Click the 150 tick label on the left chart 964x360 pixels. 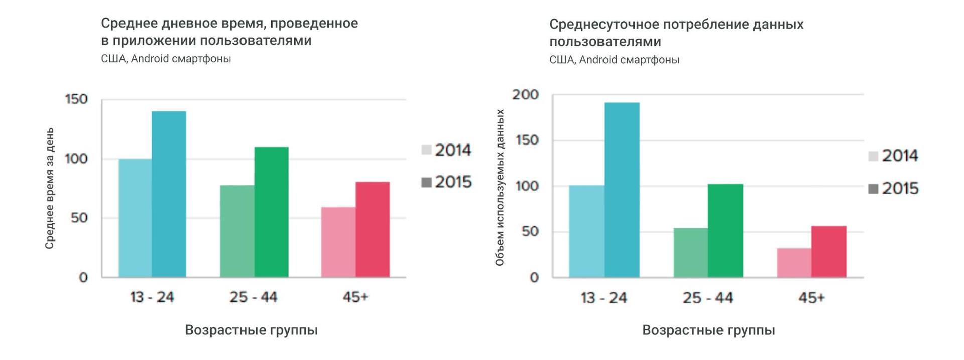click(x=76, y=99)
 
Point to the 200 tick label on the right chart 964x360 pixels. click(x=525, y=95)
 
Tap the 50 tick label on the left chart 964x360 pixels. click(x=79, y=218)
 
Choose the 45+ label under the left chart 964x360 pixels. click(x=355, y=297)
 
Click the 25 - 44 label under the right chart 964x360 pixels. click(x=707, y=298)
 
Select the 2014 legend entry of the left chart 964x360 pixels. click(x=446, y=150)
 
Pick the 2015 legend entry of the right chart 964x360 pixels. click(x=893, y=189)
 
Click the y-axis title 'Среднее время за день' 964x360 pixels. click(x=49, y=188)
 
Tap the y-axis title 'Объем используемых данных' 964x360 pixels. click(x=500, y=188)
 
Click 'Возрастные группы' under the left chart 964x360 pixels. click(x=251, y=330)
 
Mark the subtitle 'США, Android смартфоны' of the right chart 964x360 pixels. click(x=614, y=60)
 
